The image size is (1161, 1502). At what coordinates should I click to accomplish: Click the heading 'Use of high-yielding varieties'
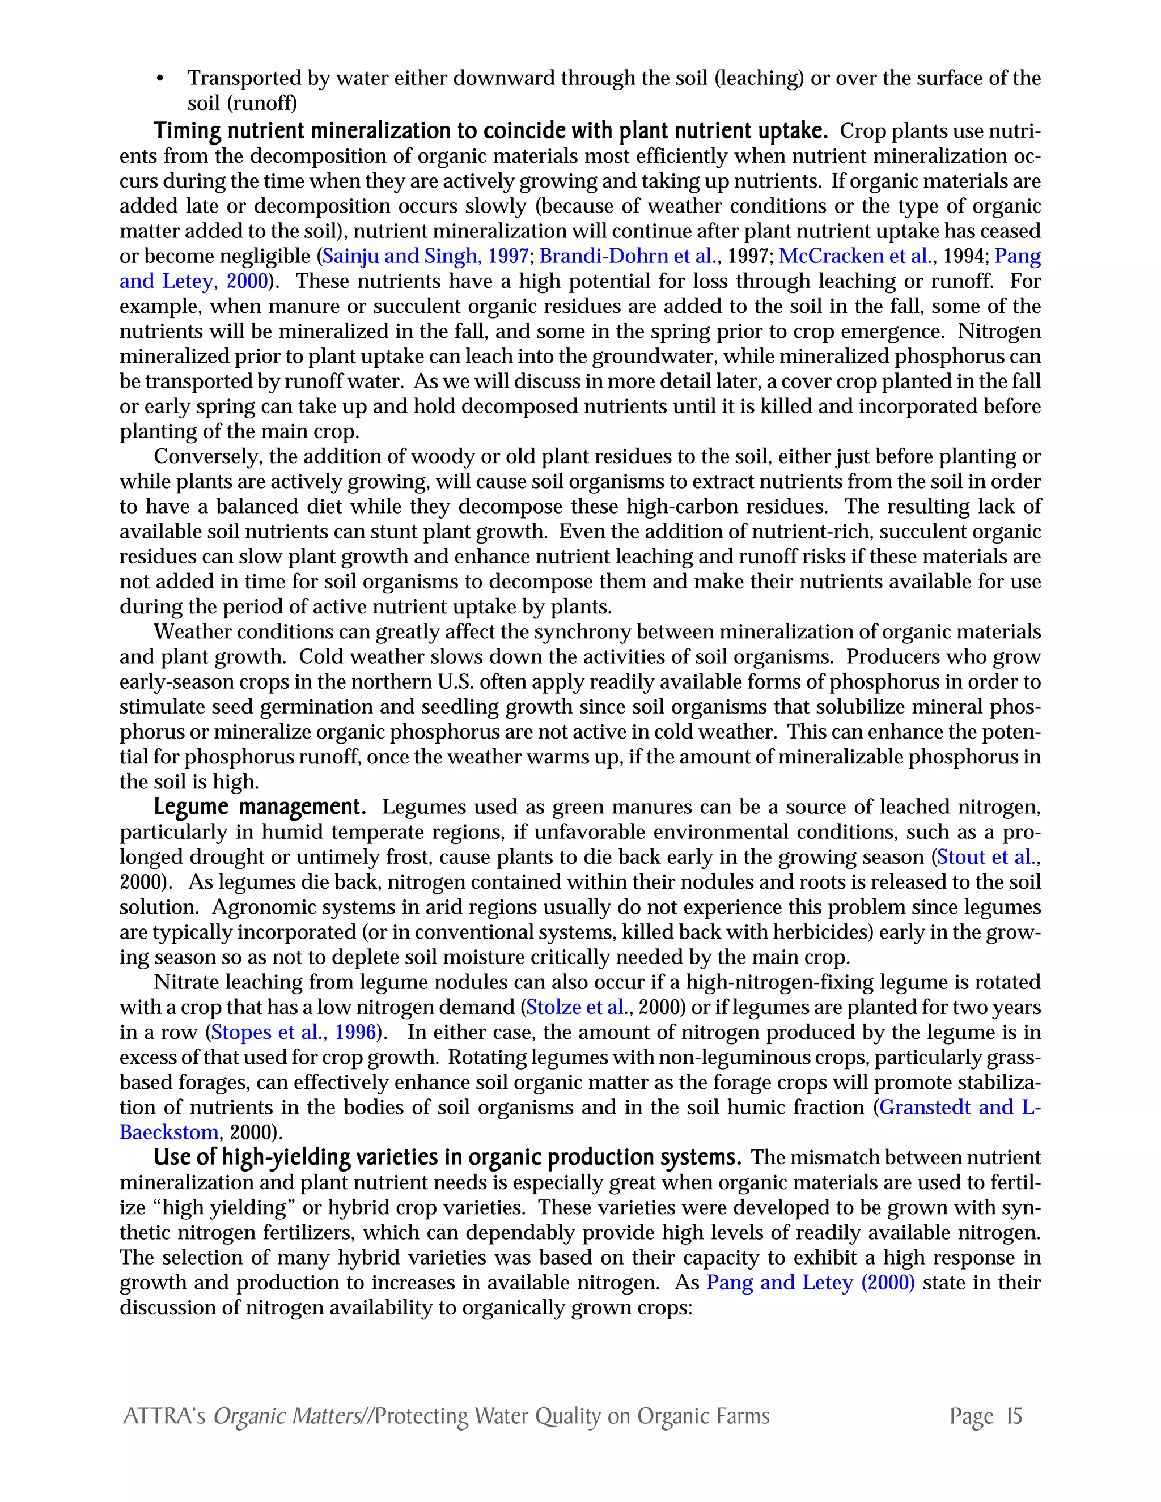click(447, 1157)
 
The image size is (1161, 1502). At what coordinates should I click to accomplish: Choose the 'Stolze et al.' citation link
click(575, 1008)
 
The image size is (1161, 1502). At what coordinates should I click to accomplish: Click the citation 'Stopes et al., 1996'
click(294, 1032)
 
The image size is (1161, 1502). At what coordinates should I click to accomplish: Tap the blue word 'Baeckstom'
click(169, 1132)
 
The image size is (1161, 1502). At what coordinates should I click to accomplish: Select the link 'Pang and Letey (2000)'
click(810, 1283)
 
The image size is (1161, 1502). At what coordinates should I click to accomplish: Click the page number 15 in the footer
click(1014, 1416)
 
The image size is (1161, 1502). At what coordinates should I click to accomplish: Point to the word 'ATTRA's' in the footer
click(164, 1416)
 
